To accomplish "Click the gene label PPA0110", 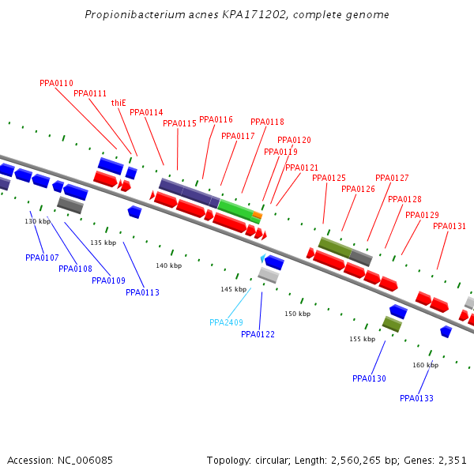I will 56,83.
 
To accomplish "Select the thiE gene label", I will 118,103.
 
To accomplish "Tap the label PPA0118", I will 267,122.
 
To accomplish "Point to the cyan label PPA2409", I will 226,322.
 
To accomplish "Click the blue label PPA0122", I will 258,334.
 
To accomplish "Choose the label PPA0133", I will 416,398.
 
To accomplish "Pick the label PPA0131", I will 450,226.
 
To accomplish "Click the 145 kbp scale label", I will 233,290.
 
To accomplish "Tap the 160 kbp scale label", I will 425,365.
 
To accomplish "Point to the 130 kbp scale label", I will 37,221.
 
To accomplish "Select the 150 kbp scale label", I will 297,314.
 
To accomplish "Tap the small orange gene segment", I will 257,214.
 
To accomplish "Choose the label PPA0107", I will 42,258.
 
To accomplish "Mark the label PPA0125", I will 329,178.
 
